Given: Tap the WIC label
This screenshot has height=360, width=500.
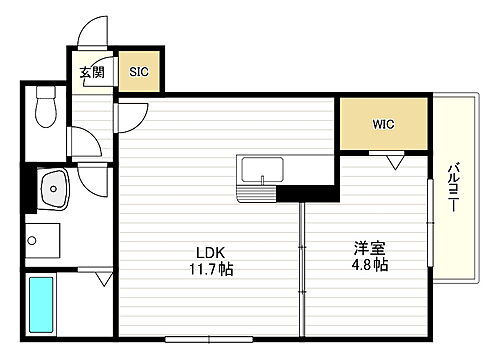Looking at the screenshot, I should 384,125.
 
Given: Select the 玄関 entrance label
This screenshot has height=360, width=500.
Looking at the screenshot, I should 92,72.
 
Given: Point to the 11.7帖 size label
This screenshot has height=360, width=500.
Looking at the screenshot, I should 213,269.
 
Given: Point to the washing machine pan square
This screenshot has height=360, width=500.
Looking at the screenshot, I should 42,239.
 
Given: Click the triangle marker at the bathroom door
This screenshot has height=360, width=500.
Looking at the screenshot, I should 104,279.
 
